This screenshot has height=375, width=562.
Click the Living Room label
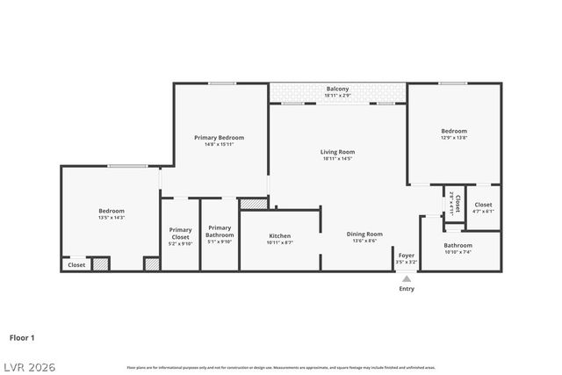click(337, 152)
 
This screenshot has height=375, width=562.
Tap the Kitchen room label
click(279, 235)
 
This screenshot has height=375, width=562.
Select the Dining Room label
click(364, 234)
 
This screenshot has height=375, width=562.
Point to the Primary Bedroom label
click(219, 138)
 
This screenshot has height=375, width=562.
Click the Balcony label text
click(337, 89)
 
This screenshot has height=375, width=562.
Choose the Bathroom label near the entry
click(458, 245)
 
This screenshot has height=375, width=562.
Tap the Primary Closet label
click(180, 234)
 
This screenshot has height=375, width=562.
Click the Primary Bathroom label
click(220, 232)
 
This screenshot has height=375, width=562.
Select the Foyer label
click(406, 256)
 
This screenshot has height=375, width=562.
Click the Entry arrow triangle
click(406, 278)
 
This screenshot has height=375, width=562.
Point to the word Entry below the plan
click(407, 289)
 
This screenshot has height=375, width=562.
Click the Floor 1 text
click(22, 336)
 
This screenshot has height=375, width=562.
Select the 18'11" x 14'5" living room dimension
click(337, 159)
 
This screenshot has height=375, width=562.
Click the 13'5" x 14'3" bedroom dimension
click(111, 217)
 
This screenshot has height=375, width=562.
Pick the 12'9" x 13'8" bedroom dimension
click(453, 138)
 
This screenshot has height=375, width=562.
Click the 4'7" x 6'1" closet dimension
click(483, 211)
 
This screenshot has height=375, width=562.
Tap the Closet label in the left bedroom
click(76, 264)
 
